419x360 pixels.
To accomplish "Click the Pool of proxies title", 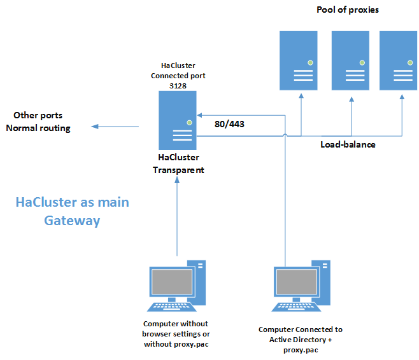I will point(347,10).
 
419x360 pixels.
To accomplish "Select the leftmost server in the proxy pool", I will point(299,60).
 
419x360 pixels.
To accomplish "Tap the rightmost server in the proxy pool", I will point(399,60).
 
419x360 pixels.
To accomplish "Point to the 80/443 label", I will point(229,124).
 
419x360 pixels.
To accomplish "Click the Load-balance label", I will point(347,144).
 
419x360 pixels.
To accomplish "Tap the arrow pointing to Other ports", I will point(115,127).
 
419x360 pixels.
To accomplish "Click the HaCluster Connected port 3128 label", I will point(178,75).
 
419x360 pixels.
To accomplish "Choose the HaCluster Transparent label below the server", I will point(178,163).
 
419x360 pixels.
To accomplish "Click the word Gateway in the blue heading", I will point(72,221).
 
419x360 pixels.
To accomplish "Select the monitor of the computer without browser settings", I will point(171,281).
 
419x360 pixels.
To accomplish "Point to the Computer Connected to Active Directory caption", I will point(301,340).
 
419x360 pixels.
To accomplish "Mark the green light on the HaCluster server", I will point(188,122).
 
